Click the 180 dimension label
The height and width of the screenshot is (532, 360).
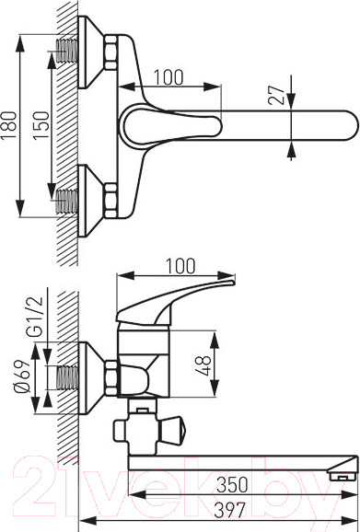tap(9, 124)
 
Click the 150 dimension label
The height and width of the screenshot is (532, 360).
tap(41, 125)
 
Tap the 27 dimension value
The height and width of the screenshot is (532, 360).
tap(275, 96)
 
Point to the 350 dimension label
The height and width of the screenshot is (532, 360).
tap(232, 485)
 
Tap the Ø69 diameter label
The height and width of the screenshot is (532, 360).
tap(22, 376)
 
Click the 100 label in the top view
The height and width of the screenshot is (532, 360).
tap(168, 77)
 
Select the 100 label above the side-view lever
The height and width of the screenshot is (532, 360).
tap(181, 266)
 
